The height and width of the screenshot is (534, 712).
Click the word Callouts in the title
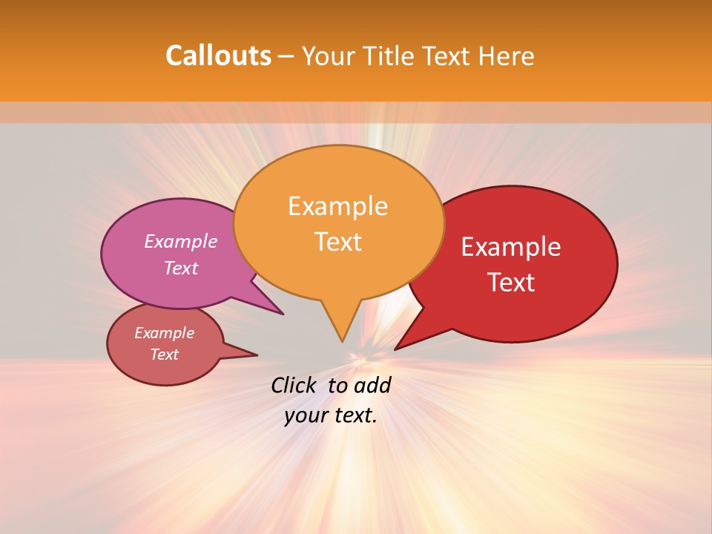pyautogui.click(x=218, y=56)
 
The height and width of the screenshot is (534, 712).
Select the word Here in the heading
pyautogui.click(x=507, y=56)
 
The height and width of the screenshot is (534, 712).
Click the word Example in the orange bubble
pyautogui.click(x=337, y=206)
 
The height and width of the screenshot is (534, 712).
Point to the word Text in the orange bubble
pyautogui.click(x=337, y=242)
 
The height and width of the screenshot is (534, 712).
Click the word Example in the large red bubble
pyautogui.click(x=511, y=247)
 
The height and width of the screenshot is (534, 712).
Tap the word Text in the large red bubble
pyautogui.click(x=511, y=283)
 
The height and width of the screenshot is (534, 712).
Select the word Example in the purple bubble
pyautogui.click(x=181, y=241)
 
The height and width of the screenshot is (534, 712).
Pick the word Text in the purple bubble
pyautogui.click(x=181, y=268)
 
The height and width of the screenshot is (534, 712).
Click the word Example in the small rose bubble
pyautogui.click(x=165, y=333)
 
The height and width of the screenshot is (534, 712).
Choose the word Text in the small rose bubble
pyautogui.click(x=165, y=355)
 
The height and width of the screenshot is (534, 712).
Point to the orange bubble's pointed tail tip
pyautogui.click(x=342, y=341)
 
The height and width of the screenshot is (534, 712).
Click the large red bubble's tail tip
pyautogui.click(x=395, y=349)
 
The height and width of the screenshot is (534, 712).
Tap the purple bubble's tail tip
pyautogui.click(x=283, y=314)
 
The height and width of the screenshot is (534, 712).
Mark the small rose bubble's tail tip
pyautogui.click(x=257, y=355)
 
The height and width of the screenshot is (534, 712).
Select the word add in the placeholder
pyautogui.click(x=372, y=385)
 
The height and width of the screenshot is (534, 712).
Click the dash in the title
pyautogui.click(x=287, y=56)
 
